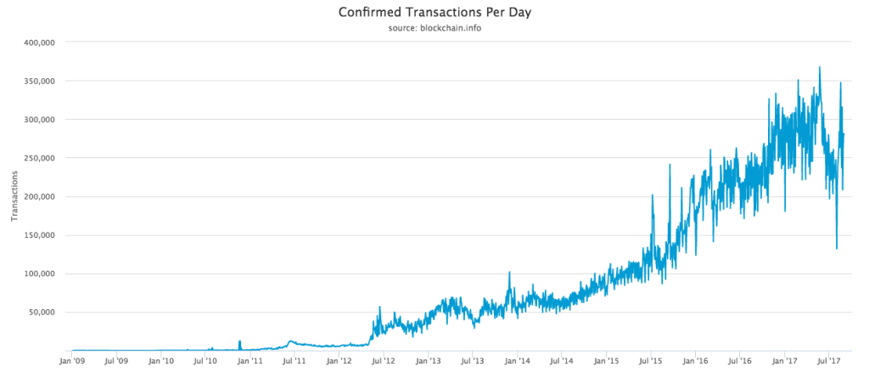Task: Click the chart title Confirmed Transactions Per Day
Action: tap(434, 13)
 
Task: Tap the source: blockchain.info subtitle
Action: tap(434, 29)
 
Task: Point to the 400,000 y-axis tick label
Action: tap(36, 42)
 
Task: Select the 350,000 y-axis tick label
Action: tap(36, 81)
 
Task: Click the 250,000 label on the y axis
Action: tap(36, 158)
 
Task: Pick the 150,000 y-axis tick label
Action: tap(36, 235)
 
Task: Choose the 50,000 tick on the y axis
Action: tap(39, 313)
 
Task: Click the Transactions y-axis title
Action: tap(14, 196)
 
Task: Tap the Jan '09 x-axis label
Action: tap(72, 361)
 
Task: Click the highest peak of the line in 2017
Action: tap(820, 68)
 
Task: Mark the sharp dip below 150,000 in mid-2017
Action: tap(837, 247)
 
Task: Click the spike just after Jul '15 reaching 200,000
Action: tap(653, 196)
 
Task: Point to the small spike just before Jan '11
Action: tap(239, 341)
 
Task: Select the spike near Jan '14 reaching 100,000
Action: tap(509, 274)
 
